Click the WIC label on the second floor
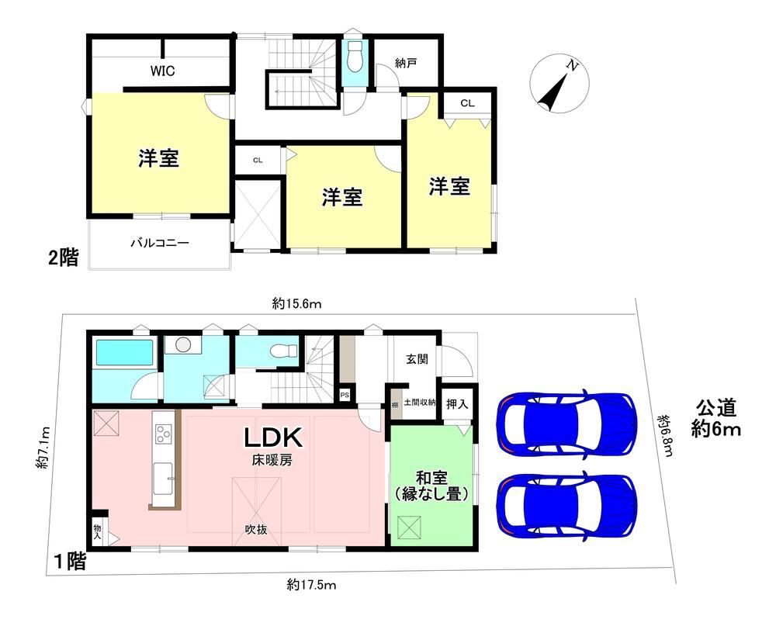pyautogui.click(x=162, y=71)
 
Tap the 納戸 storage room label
pyautogui.click(x=406, y=64)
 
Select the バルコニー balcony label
pyautogui.click(x=160, y=243)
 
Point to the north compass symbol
pyautogui.click(x=559, y=84)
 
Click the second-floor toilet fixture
pyautogui.click(x=355, y=57)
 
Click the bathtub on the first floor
pyautogui.click(x=124, y=353)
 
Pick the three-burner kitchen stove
pyautogui.click(x=163, y=434)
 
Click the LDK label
pyautogui.click(x=273, y=438)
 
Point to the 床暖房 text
pyautogui.click(x=272, y=460)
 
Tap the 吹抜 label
pyautogui.click(x=256, y=530)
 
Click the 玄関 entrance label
pyautogui.click(x=417, y=358)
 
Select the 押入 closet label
pyautogui.click(x=457, y=404)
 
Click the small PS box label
pyautogui.click(x=345, y=396)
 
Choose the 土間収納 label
pyautogui.click(x=420, y=403)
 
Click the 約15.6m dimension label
pyautogui.click(x=296, y=303)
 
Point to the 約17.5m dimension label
pyautogui.click(x=311, y=586)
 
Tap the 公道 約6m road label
pyautogui.click(x=716, y=419)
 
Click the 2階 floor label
pyautogui.click(x=64, y=258)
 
